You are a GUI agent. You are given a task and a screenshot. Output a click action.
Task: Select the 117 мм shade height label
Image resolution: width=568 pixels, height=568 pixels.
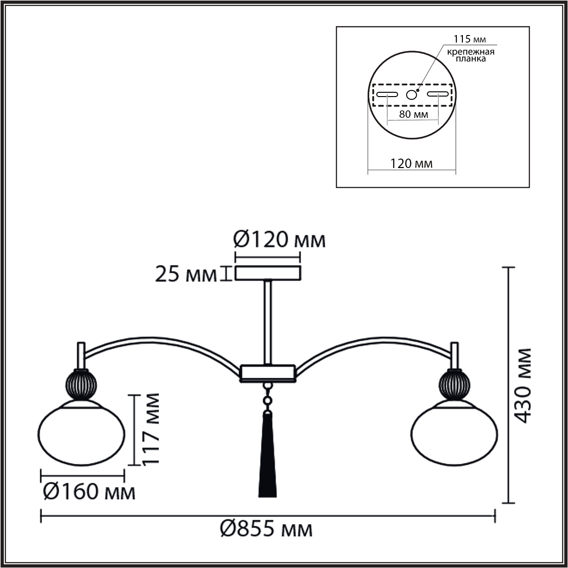point(151,430)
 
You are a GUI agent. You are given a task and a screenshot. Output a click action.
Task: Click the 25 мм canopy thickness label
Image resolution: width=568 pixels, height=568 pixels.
point(186,275)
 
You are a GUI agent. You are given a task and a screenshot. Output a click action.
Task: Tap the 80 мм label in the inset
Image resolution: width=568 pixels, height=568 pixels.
point(414,114)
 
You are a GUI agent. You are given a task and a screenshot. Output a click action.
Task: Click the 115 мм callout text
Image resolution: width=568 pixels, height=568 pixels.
point(470,39)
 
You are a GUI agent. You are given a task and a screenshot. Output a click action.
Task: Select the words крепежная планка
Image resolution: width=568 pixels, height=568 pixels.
point(470,55)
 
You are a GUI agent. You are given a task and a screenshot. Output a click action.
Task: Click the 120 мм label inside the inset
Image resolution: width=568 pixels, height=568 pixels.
point(411,163)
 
